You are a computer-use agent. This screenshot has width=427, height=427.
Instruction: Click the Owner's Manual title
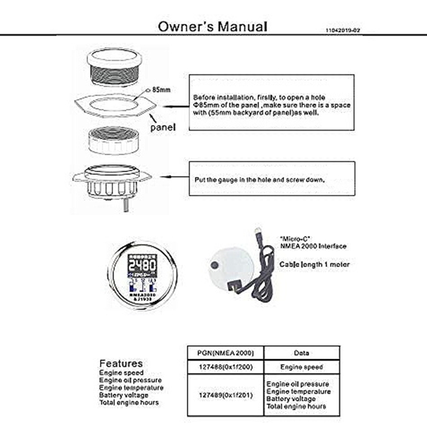click(212, 26)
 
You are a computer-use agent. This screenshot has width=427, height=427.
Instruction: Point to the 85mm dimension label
click(162, 90)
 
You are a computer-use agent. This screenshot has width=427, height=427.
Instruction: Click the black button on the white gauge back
click(215, 265)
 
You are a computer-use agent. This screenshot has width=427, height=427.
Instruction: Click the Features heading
click(121, 363)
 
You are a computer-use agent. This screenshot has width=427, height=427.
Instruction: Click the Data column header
click(302, 352)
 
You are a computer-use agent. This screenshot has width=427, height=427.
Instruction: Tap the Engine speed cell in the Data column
click(302, 367)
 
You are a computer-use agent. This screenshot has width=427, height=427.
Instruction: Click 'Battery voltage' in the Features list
click(124, 394)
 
